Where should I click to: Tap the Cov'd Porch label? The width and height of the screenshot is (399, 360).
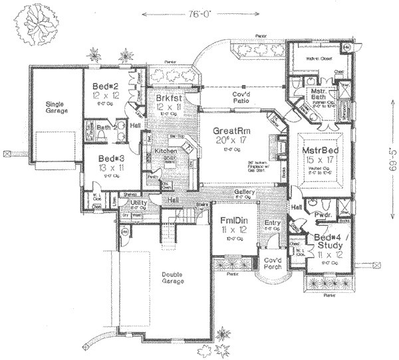271,263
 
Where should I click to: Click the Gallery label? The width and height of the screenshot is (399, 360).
247,193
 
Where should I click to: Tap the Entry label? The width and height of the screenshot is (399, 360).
273,223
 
